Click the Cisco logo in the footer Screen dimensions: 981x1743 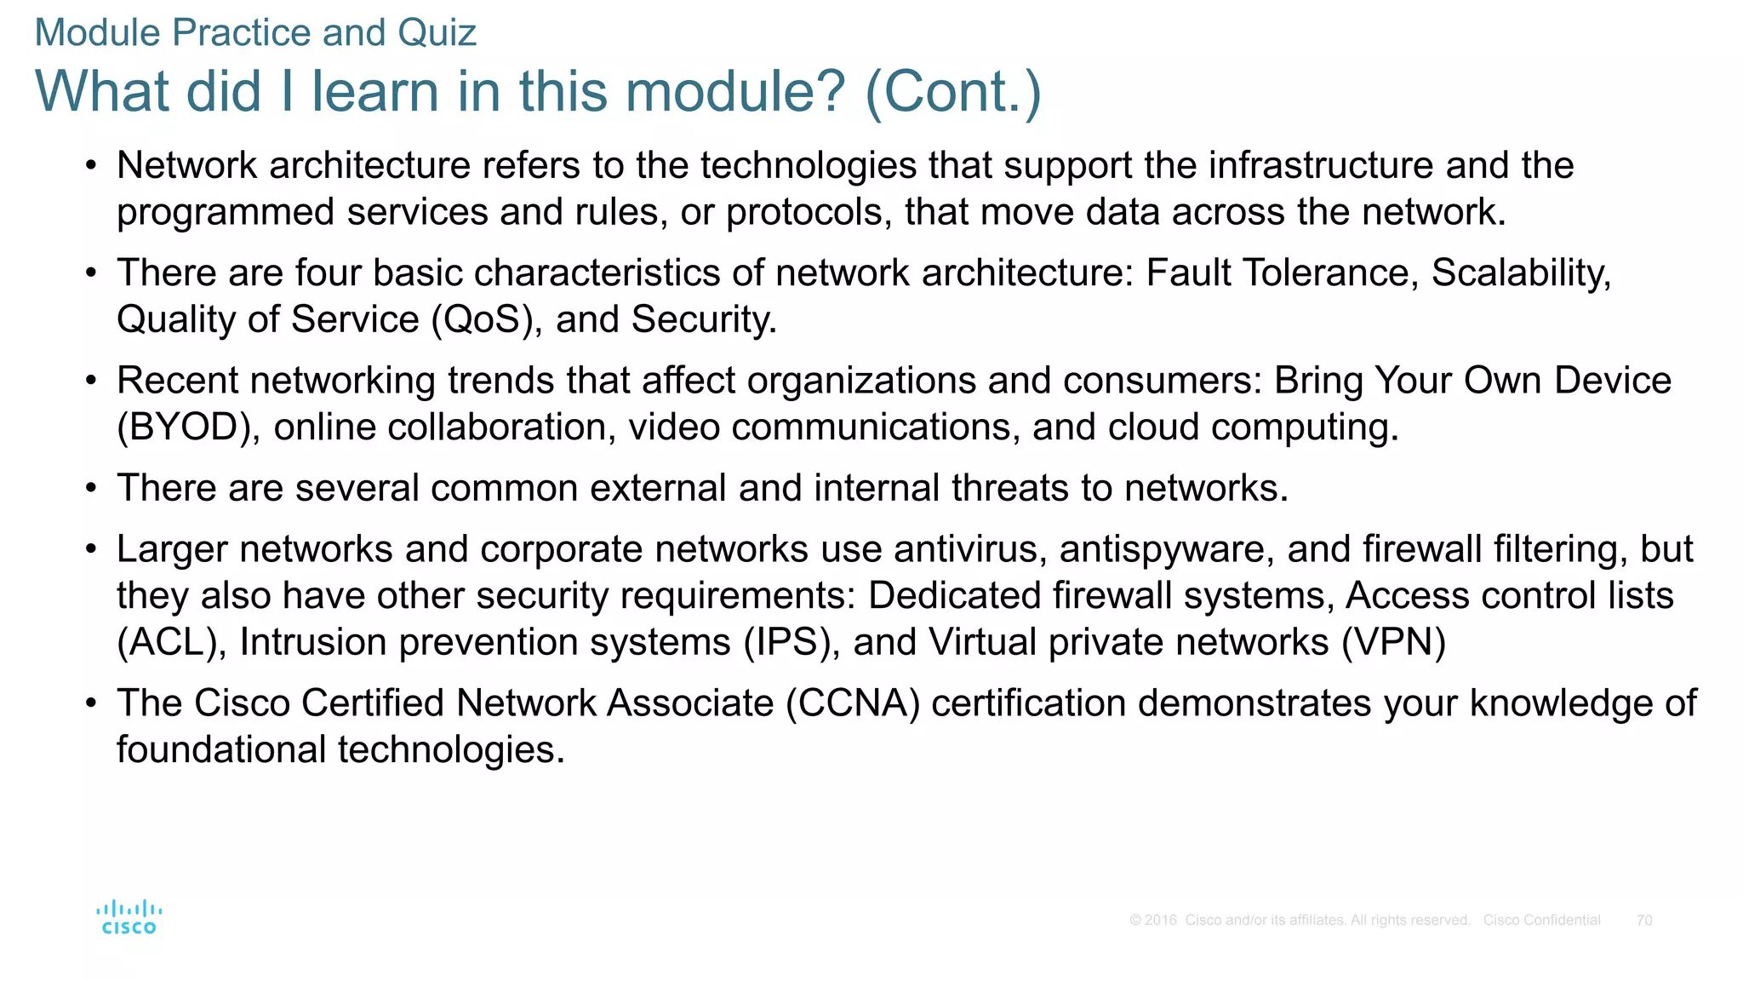(x=129, y=917)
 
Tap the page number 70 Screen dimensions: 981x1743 (x=1643, y=920)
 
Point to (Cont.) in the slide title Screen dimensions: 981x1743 (x=952, y=91)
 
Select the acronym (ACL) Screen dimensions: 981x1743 (x=171, y=643)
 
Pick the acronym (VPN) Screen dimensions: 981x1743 (x=1393, y=643)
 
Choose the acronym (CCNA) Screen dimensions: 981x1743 (x=853, y=704)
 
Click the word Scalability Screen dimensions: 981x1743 (x=1520, y=273)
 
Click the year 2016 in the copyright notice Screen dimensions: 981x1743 (x=1161, y=920)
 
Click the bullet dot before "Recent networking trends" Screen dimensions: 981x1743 (x=91, y=381)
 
